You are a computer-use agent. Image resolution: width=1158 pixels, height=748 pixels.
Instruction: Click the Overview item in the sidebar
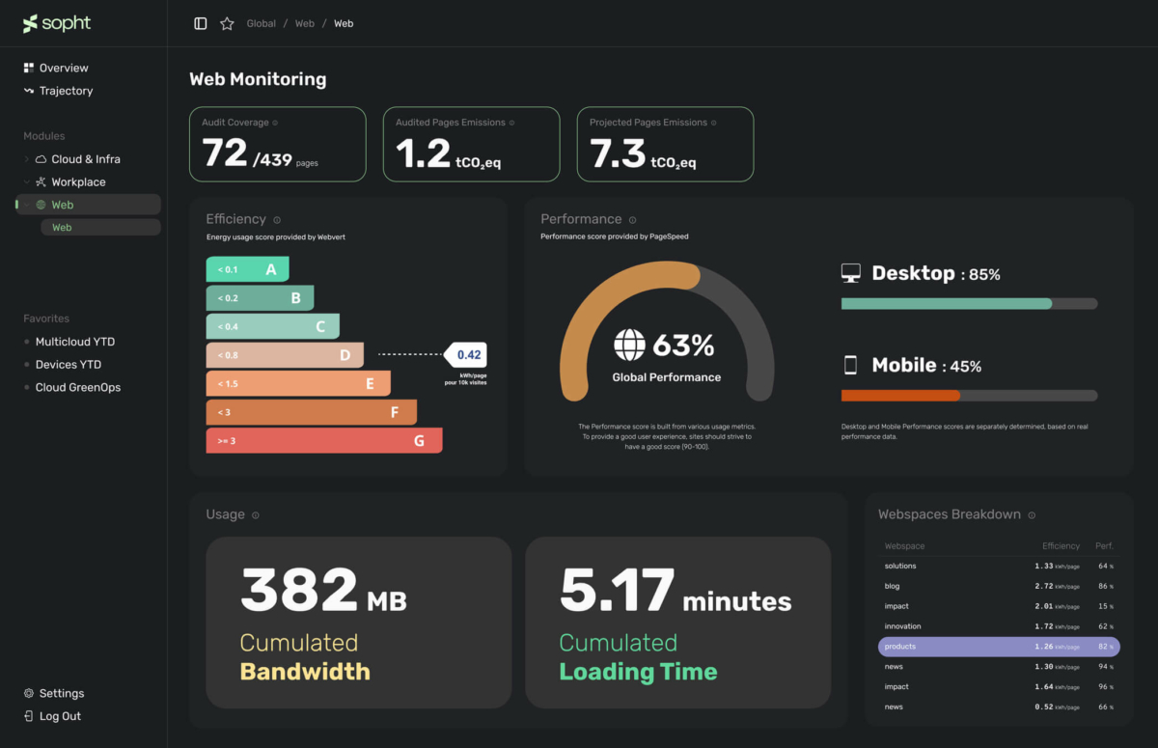64,69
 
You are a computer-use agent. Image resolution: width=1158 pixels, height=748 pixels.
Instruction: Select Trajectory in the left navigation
66,91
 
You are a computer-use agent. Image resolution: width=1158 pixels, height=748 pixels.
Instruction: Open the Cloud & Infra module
85,159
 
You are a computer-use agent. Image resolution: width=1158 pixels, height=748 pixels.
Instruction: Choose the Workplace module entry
78,182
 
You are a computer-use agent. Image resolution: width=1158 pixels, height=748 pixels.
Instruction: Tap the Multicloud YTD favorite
74,342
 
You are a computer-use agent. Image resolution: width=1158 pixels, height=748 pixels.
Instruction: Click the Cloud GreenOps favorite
77,387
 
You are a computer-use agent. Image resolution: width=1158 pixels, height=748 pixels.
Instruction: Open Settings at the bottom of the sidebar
61,693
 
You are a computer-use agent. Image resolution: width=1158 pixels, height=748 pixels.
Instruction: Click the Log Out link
60,716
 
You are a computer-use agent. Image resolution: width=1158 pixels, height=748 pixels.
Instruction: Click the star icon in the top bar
227,23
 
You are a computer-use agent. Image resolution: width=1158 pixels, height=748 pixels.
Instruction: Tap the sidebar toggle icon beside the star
201,23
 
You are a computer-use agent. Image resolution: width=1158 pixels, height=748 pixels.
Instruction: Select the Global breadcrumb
261,23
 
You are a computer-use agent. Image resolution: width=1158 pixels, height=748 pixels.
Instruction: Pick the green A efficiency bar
247,269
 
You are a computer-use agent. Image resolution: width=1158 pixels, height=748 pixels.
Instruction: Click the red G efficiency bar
324,441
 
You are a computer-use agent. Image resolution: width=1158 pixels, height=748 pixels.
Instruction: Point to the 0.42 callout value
469,354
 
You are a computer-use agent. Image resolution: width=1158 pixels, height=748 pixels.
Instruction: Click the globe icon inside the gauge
630,345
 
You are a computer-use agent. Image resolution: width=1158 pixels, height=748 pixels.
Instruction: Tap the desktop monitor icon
850,273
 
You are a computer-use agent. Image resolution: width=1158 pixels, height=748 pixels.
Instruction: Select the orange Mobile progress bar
900,395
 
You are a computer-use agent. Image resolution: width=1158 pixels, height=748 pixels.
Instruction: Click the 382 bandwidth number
299,590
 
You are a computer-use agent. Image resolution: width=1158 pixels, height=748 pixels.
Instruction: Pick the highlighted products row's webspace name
900,647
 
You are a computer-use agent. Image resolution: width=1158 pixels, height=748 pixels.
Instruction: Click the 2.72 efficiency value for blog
1044,586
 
